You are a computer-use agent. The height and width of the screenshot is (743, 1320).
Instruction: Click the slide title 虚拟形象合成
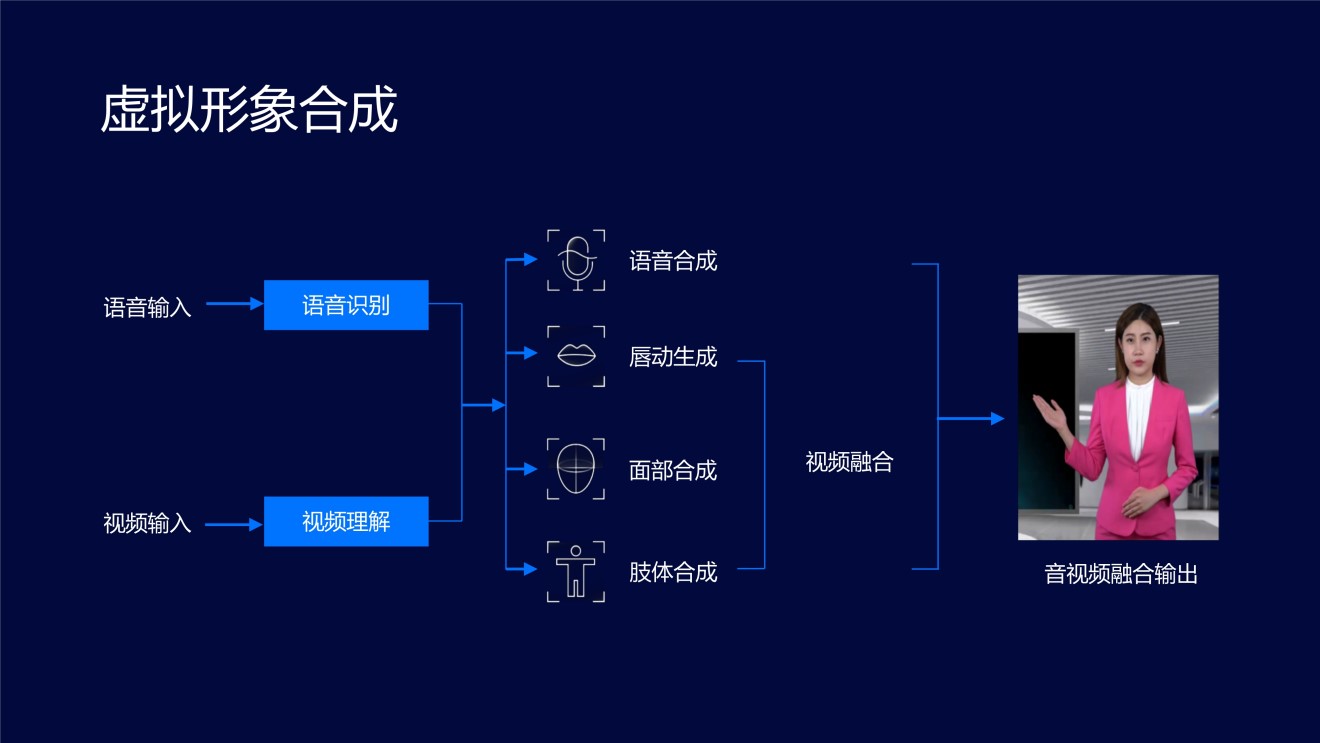[249, 109]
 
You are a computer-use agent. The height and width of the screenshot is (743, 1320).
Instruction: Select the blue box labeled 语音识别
[346, 305]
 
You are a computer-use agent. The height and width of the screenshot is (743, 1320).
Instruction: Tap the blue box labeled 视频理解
[346, 521]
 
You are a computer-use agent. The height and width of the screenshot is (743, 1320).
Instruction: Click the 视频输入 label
[147, 523]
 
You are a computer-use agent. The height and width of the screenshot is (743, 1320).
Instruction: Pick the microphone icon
[576, 260]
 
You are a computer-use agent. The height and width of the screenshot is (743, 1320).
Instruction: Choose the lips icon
[576, 356]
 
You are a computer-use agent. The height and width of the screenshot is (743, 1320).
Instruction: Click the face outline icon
[576, 469]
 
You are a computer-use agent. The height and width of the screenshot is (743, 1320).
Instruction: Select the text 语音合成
[673, 261]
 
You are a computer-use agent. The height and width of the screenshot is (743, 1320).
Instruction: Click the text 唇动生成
[673, 357]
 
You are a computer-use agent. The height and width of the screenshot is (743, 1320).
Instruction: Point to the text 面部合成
[673, 470]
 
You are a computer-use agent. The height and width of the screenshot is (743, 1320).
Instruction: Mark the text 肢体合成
[673, 572]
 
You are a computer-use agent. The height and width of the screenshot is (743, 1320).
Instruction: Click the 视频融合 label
[849, 462]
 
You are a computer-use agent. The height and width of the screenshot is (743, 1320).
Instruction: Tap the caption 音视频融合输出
[1121, 574]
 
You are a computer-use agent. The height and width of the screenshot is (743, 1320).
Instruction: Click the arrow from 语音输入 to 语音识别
[235, 303]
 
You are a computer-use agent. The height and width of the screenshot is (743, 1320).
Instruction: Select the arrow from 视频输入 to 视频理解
[234, 524]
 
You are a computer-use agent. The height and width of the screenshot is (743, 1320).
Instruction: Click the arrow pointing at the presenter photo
[971, 418]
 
